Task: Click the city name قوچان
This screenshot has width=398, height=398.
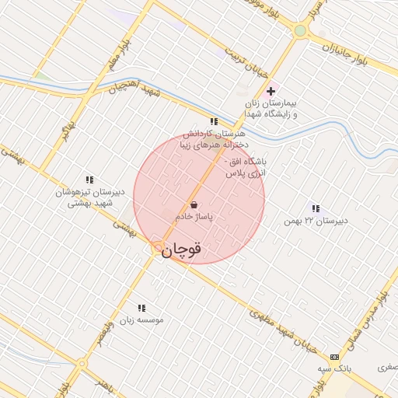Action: coord(184,249)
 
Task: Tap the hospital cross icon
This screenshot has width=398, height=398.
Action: coord(271,91)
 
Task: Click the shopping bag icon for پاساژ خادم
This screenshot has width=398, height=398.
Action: coord(193,204)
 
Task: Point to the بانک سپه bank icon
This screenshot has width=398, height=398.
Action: coord(334,356)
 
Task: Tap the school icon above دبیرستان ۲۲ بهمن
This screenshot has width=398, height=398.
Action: coord(315,208)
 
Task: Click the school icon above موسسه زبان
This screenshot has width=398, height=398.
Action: coord(141,308)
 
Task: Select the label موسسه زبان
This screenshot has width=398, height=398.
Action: coord(141,319)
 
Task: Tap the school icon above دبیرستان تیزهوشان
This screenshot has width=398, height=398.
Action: coord(90,180)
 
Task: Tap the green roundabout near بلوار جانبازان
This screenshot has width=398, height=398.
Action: coord(300,30)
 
